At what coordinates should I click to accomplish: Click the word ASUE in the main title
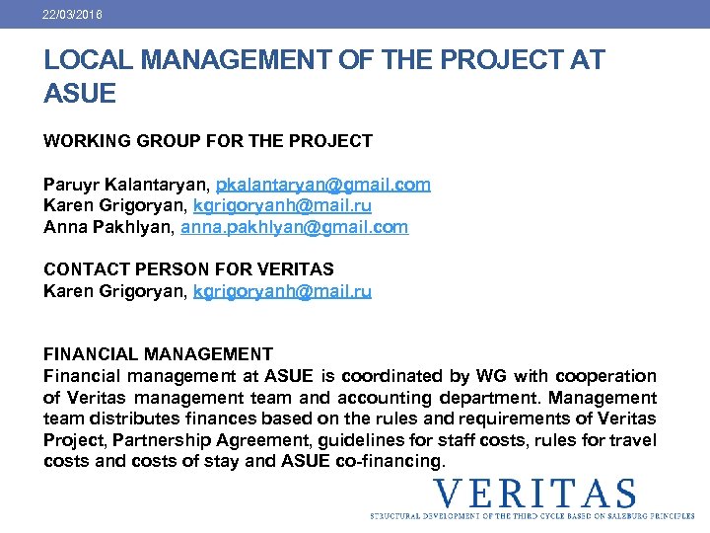[80, 94]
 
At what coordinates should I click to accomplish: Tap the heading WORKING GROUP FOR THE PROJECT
[208, 141]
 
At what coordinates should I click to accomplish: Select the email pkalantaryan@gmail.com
[322, 185]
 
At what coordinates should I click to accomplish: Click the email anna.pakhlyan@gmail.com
[294, 227]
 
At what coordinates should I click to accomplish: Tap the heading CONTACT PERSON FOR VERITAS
[188, 269]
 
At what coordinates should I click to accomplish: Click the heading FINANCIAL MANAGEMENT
[158, 353]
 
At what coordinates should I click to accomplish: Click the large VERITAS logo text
[536, 494]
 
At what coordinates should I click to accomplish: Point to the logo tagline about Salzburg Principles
[532, 515]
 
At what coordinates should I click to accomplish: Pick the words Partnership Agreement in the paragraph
[195, 439]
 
